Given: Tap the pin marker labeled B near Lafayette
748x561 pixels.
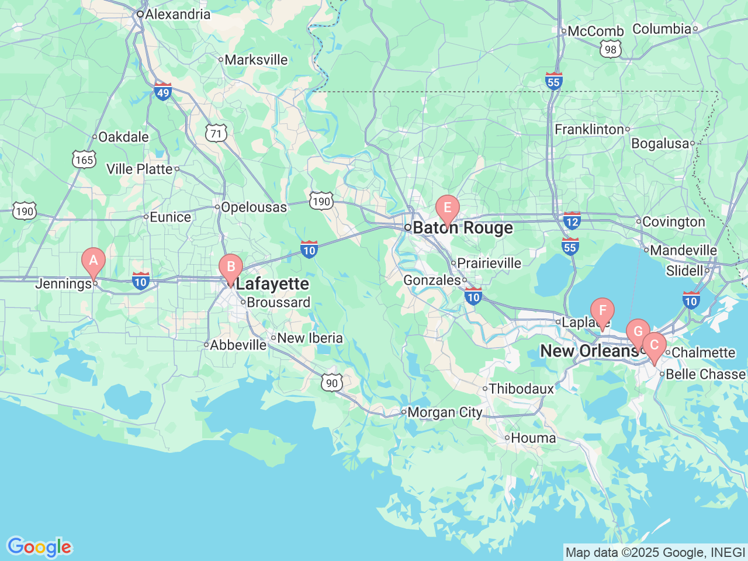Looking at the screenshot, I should [x=231, y=268].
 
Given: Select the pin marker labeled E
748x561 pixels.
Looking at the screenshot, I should [x=448, y=208].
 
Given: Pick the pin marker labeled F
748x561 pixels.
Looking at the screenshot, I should [x=602, y=311].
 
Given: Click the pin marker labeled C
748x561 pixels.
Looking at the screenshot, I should [x=654, y=345].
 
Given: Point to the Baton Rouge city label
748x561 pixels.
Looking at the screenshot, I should [x=463, y=228].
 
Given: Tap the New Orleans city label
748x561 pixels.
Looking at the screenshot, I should [x=589, y=351].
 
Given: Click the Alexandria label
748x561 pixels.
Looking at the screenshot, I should [x=178, y=15].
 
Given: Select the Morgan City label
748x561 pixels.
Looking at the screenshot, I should [x=445, y=413].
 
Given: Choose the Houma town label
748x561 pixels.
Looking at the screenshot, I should [x=534, y=438].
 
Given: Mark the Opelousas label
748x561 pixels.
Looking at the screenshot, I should [x=254, y=207].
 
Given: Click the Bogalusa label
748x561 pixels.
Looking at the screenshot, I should [x=660, y=144].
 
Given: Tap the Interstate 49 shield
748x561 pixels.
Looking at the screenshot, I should [x=162, y=92].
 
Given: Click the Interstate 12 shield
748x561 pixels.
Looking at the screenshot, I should [x=572, y=221].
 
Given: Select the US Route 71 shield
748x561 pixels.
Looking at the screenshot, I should [x=216, y=133].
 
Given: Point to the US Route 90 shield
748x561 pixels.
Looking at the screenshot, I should [x=332, y=383].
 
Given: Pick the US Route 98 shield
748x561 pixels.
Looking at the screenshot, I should [x=611, y=50].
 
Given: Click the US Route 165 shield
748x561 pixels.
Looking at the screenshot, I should [x=84, y=160].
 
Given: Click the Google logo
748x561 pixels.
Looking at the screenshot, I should [x=39, y=548].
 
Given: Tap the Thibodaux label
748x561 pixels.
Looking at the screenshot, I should [x=521, y=389].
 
